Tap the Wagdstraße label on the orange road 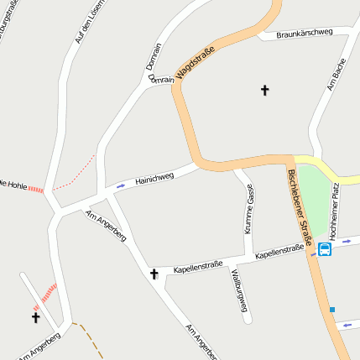(x=196, y=65)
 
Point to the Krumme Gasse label (x=249, y=209)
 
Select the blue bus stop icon (x=325, y=248)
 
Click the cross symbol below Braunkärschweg (x=265, y=89)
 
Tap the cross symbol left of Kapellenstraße (x=154, y=274)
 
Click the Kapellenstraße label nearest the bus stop (x=279, y=251)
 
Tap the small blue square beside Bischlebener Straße (x=332, y=310)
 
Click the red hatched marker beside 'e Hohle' (x=35, y=190)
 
